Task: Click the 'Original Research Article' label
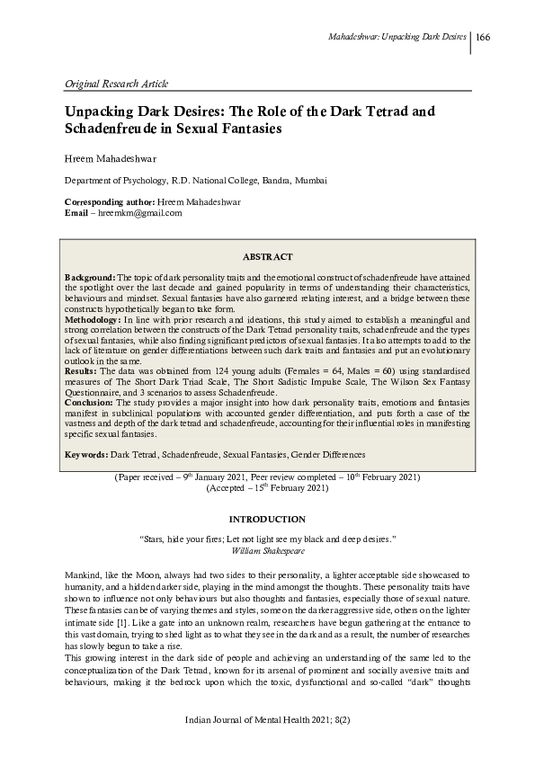(x=116, y=84)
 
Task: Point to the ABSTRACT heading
(x=267, y=256)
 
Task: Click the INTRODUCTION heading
(x=267, y=520)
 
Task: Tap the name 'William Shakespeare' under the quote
(x=267, y=547)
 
